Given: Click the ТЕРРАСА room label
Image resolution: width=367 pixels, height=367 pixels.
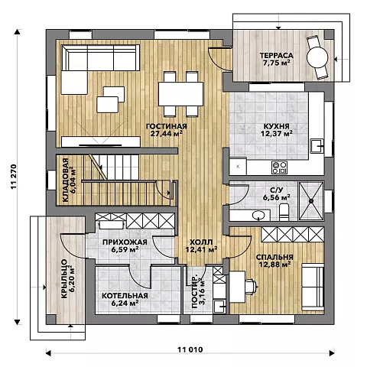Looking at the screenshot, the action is tap(276, 55).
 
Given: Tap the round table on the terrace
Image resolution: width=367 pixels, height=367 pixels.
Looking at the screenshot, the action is tap(317, 57).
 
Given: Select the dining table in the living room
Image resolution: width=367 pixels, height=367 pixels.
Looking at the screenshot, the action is tap(180, 94).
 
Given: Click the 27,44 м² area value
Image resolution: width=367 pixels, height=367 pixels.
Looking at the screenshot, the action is tap(167, 133).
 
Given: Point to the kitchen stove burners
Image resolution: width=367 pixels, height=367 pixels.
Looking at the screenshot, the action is tap(279, 167).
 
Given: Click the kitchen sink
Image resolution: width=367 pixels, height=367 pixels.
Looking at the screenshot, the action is tap(317, 146).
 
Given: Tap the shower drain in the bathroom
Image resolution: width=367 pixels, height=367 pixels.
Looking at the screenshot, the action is tap(311, 201).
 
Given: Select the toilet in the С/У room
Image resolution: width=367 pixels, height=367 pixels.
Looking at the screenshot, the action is tap(284, 212).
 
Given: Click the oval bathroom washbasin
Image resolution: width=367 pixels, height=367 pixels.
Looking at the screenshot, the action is tap(258, 216).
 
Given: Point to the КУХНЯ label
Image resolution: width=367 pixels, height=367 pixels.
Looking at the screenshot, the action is tap(276, 126).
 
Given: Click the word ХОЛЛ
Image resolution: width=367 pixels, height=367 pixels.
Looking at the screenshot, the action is tap(201, 242).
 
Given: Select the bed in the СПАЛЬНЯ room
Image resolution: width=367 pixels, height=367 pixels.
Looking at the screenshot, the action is tap(313, 287).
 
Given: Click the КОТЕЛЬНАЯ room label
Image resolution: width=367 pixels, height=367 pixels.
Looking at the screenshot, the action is tap(125, 296).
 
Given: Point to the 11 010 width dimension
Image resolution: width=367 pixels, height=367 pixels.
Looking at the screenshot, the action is tap(190, 349).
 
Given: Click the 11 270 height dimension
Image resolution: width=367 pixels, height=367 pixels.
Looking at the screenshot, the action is tap(14, 177).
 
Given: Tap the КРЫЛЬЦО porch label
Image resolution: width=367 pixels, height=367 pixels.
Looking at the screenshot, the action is tap(64, 279).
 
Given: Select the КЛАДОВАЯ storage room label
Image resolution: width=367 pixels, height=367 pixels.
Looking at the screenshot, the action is tap(65, 180).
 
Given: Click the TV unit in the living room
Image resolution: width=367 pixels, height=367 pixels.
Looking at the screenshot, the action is tap(101, 141).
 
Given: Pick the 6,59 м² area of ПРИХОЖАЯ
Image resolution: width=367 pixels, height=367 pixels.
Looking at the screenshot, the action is tap(125, 249).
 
